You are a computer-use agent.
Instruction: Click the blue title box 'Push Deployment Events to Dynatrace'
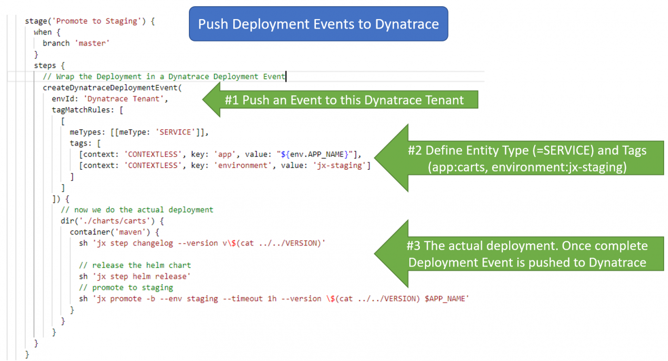click(318, 24)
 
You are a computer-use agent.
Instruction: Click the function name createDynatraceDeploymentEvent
click(112, 88)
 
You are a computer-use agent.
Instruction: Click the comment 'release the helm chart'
click(141, 265)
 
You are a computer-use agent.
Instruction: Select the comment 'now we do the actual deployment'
click(144, 210)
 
